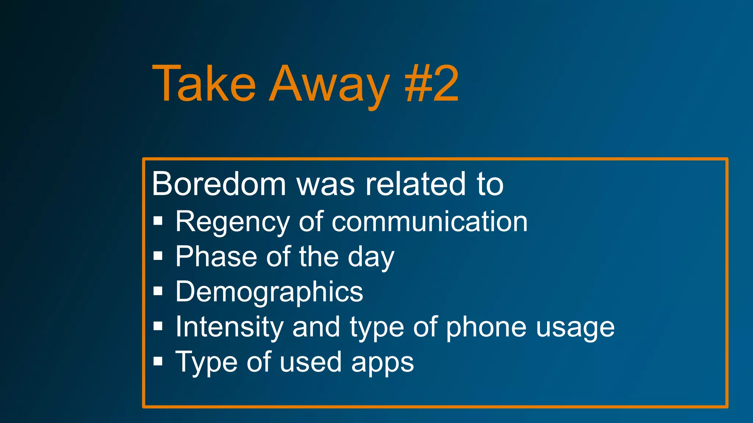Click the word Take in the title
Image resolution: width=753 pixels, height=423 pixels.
pos(204,84)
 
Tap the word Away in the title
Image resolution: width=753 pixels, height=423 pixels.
pos(329,85)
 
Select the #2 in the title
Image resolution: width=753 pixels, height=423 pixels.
pos(432,84)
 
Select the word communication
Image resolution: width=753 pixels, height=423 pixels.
pos(429,222)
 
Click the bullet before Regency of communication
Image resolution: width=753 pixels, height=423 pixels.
pos(158,221)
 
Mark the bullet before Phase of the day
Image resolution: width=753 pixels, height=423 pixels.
pos(158,256)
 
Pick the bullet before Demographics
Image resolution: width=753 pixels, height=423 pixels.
pos(158,291)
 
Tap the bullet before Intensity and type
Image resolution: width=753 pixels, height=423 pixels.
pos(158,326)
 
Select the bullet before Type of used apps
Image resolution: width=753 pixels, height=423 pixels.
pos(158,361)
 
